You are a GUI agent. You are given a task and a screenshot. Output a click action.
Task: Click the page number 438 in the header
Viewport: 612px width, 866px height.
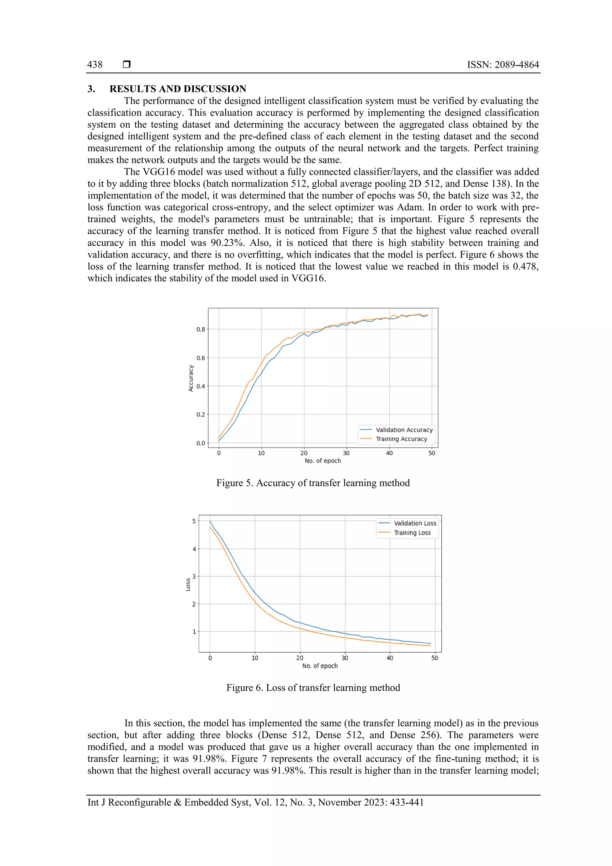(95, 65)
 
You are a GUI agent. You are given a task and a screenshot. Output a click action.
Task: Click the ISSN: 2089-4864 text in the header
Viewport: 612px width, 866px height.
(503, 65)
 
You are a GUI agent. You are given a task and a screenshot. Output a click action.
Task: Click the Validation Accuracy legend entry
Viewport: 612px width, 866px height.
(404, 430)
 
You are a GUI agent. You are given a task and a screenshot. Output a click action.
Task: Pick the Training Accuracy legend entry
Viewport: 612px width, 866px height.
(401, 439)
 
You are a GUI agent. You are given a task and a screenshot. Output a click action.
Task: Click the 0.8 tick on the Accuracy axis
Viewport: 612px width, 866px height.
(201, 329)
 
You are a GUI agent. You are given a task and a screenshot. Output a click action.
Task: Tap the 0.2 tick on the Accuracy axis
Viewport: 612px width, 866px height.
(201, 415)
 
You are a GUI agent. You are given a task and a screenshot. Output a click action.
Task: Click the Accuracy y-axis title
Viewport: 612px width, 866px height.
(191, 378)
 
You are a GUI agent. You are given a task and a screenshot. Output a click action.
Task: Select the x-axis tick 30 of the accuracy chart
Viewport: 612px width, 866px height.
(346, 453)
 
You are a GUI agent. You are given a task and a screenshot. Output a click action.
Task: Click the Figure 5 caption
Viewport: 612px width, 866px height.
(313, 483)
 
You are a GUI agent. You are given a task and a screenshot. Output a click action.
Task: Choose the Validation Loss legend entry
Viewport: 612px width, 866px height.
(415, 523)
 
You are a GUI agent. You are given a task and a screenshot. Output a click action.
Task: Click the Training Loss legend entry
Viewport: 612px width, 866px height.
(412, 533)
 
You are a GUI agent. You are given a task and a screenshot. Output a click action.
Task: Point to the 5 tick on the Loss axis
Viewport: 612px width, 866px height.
(194, 521)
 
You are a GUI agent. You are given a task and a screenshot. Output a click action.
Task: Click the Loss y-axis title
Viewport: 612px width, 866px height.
(188, 584)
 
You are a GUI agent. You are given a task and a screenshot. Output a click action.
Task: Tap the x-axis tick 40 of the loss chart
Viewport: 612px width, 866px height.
(390, 658)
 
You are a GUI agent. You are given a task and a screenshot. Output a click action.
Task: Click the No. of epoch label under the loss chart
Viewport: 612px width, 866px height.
(320, 666)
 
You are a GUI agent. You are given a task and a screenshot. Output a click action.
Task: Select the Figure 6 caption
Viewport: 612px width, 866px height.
(313, 688)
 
